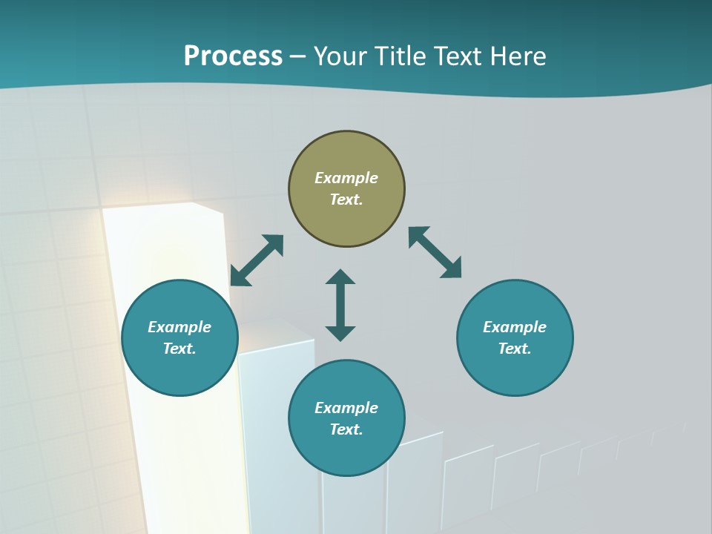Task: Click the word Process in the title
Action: [233, 56]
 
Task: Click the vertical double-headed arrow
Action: [340, 305]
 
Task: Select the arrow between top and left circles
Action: [257, 260]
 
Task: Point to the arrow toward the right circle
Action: [435, 252]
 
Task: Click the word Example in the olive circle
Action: [346, 178]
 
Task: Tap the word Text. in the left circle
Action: [179, 349]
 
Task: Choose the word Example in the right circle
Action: [515, 327]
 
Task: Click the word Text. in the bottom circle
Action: [346, 429]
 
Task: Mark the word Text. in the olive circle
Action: [346, 200]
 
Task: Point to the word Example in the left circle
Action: [179, 327]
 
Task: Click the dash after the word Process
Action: [298, 57]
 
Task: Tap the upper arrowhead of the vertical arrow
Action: [340, 277]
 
